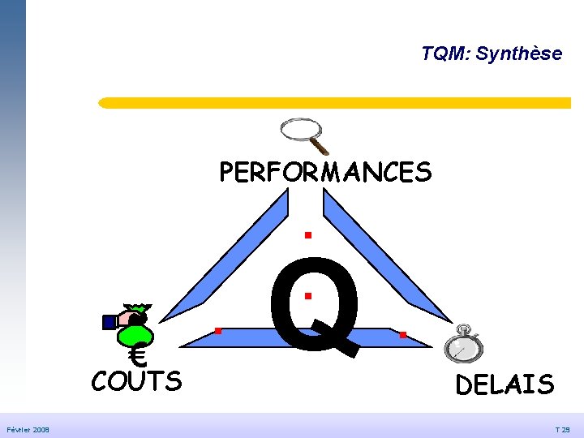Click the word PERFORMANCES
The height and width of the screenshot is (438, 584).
click(x=325, y=172)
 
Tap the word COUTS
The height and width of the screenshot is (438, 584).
click(x=136, y=380)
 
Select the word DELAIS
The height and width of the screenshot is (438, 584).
click(x=505, y=384)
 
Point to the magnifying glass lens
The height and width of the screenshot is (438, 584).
click(x=301, y=129)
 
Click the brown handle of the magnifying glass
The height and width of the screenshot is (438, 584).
click(x=319, y=146)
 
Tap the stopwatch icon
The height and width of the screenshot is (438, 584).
click(x=463, y=344)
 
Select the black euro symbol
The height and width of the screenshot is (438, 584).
click(x=138, y=355)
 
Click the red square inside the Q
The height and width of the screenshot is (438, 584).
click(x=308, y=296)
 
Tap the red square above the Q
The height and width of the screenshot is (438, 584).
click(x=308, y=235)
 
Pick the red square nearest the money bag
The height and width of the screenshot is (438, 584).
click(x=218, y=331)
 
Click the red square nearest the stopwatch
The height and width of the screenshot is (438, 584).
click(x=403, y=335)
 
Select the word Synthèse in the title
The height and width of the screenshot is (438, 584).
click(x=519, y=54)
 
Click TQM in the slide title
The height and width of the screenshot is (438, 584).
click(x=444, y=53)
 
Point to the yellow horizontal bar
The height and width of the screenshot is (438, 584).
click(x=334, y=103)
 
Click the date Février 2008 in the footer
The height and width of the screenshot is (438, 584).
click(x=28, y=430)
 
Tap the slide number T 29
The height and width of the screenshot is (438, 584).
click(x=562, y=430)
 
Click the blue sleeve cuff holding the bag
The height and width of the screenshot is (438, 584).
click(x=109, y=323)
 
